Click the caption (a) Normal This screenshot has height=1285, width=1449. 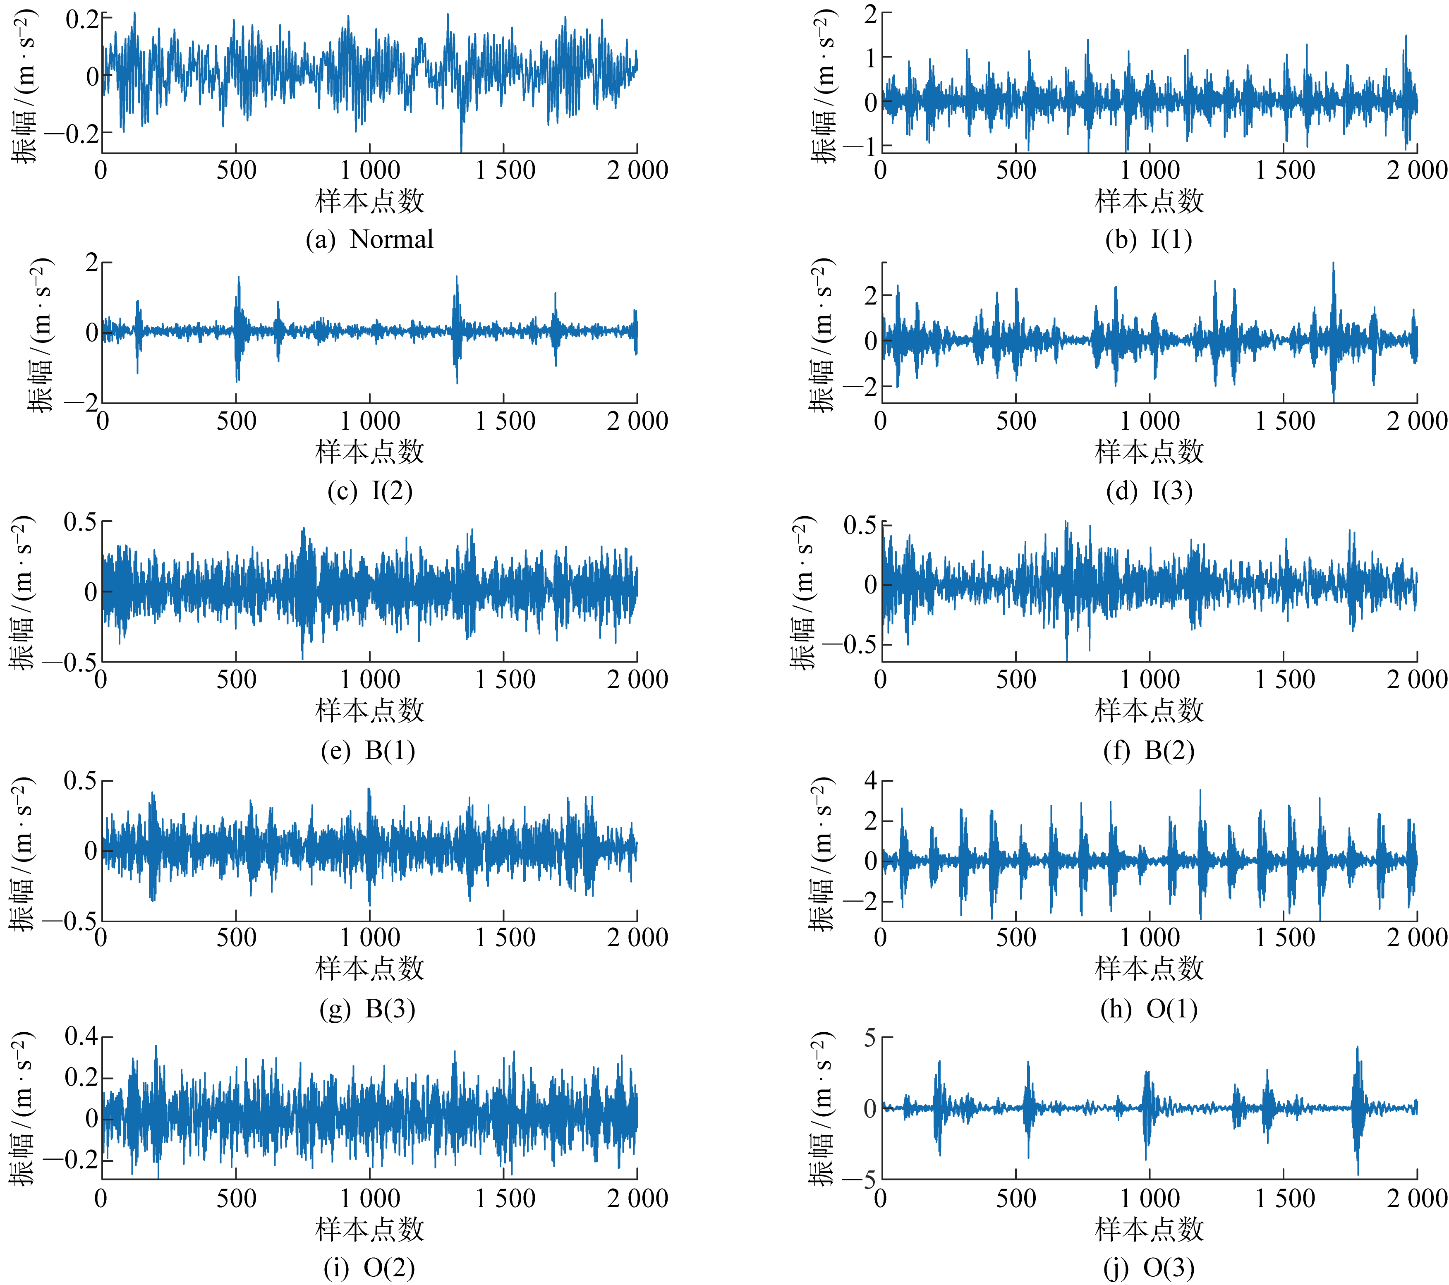tap(369, 239)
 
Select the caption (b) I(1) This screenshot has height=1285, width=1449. tap(1148, 239)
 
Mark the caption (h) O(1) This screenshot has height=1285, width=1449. tap(1148, 1009)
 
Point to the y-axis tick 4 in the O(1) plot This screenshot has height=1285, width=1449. tap(871, 781)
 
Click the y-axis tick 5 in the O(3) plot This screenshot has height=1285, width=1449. tap(871, 1039)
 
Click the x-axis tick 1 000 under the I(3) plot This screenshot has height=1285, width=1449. tap(1149, 421)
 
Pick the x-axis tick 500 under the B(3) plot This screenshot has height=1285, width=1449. tap(236, 938)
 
